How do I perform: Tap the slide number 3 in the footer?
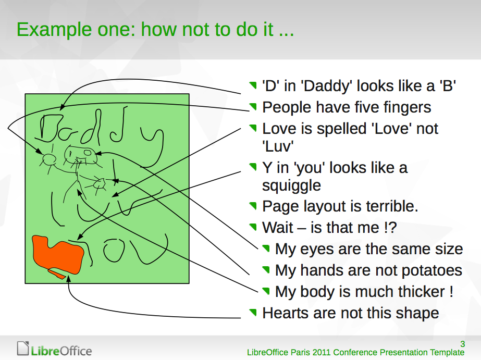(462, 344)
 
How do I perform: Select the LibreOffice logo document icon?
(23, 349)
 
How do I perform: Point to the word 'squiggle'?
(291, 185)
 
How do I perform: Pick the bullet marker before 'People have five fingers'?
(253, 107)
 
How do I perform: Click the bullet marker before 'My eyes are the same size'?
(266, 249)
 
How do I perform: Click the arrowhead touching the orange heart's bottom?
(69, 278)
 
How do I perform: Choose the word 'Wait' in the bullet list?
(278, 228)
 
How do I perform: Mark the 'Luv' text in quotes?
(278, 146)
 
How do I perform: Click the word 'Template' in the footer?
(447, 353)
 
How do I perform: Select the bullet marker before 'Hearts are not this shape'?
(253, 313)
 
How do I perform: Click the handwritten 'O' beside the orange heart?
(114, 250)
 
